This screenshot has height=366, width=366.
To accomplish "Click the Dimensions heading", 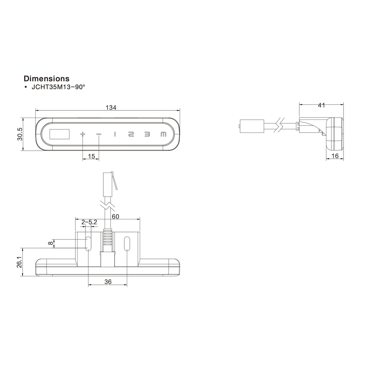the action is tap(46, 78).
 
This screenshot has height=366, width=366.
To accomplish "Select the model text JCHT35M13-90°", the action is tap(58, 87).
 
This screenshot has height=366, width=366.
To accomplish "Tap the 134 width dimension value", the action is tap(111, 107).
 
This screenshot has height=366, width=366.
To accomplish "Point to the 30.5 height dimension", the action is tap(20, 134).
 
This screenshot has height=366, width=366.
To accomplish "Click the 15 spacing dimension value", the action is tap(91, 156).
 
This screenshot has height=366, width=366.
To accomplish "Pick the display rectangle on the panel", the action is tap(60, 134).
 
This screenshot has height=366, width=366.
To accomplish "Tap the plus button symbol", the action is tap(83, 134).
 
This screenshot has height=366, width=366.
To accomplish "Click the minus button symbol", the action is tap(99, 134).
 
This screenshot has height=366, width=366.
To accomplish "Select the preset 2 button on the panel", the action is tap(131, 134).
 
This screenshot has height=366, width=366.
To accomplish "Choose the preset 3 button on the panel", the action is tap(147, 134).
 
